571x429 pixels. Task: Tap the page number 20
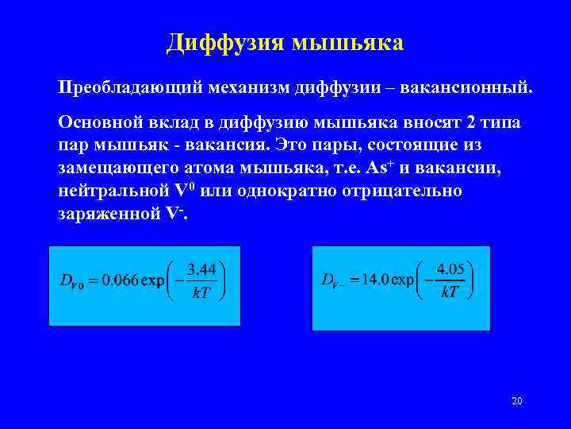coord(516,401)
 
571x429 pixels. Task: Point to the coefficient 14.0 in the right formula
coord(374,280)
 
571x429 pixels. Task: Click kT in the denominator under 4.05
coord(450,292)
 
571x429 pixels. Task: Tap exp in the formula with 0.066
coord(153,280)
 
